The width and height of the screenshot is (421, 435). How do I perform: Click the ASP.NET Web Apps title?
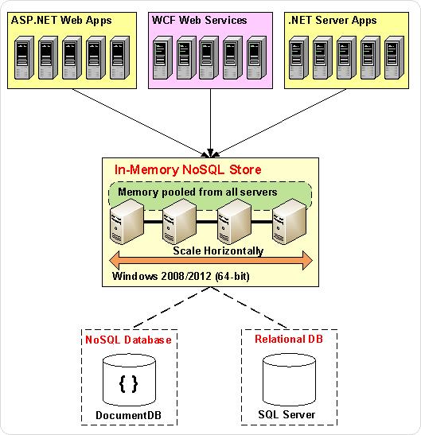tap(61, 21)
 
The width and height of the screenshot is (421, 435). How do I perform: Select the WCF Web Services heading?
tap(199, 20)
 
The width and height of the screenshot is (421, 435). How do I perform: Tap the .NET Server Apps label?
tap(333, 21)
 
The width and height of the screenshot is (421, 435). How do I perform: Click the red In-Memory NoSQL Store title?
tap(188, 169)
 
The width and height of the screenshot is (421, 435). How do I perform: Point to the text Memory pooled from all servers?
tap(197, 192)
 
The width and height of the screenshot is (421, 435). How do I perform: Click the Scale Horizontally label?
tap(218, 251)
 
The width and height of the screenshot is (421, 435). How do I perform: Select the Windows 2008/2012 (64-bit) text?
tap(181, 276)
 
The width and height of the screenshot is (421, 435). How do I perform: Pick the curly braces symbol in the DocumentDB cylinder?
tap(128, 384)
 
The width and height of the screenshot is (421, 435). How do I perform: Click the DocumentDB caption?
tap(128, 415)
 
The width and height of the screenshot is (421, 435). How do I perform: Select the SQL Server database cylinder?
tap(289, 380)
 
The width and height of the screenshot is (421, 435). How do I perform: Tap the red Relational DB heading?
tap(289, 339)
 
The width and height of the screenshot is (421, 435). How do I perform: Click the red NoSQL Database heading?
tap(128, 340)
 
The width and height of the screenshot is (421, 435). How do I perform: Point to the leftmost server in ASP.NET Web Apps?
tap(24, 58)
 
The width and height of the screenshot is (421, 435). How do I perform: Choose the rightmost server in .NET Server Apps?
tap(395, 58)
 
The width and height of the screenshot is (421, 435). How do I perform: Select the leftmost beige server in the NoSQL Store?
tap(127, 221)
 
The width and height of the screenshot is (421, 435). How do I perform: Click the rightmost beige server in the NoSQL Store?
tap(290, 221)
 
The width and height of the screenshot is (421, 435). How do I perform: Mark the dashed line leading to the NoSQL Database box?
tap(172, 308)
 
